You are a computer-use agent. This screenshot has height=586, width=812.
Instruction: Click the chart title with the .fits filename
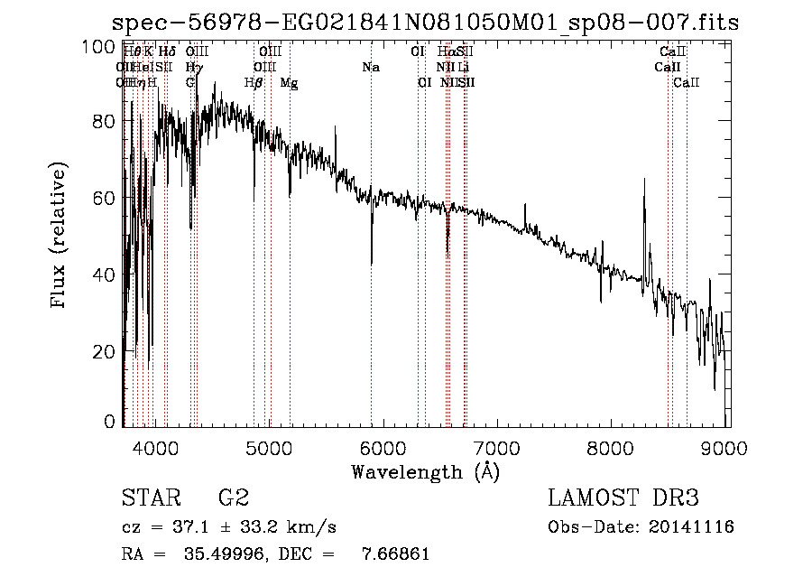(x=425, y=23)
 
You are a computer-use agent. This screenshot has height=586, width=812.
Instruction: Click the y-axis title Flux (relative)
(x=60, y=237)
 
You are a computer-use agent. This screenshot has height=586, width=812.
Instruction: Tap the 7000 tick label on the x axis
(x=497, y=446)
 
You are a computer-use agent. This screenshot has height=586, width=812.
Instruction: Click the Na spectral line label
(x=371, y=67)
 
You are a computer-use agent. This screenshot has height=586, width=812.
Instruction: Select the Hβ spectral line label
(x=254, y=82)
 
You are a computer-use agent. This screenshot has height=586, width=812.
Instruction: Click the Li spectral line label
(x=463, y=67)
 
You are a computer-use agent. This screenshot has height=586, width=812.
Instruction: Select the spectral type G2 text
(x=234, y=498)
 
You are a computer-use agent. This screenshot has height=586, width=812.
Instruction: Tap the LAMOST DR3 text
(x=623, y=498)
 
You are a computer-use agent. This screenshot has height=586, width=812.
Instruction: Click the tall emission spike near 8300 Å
(x=644, y=181)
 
